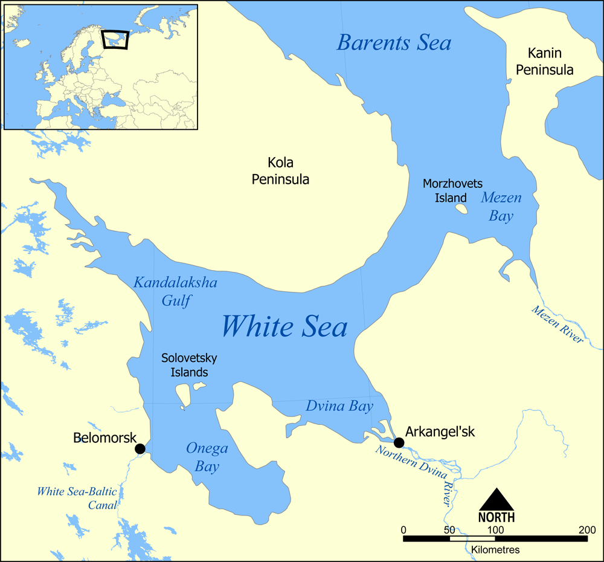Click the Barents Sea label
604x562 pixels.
(394, 43)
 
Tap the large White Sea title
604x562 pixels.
(284, 327)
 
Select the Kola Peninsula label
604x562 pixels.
(280, 171)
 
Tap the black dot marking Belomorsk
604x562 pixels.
(140, 448)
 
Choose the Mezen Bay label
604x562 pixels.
(501, 207)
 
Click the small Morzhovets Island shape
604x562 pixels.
(461, 209)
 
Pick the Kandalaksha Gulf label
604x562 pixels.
(175, 291)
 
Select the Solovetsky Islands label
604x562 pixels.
(189, 365)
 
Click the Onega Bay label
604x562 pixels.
(207, 457)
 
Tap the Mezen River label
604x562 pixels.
(557, 325)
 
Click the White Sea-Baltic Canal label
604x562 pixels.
(77, 498)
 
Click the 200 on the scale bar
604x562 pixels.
(586, 530)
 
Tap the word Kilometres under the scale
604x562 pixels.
(495, 550)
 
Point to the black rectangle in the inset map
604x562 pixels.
(115, 39)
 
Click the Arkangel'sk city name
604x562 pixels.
(440, 432)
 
